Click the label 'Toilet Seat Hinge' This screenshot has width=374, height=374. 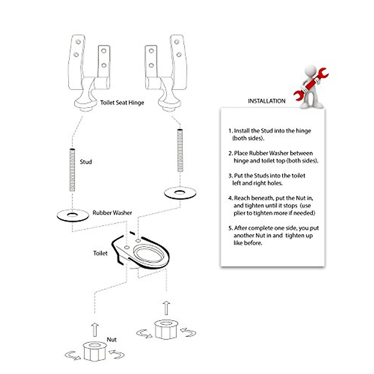pos(122,103)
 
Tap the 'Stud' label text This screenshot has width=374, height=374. pos(86,162)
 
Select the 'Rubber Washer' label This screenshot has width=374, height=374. pos(112,213)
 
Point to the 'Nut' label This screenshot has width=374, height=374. pos(111,339)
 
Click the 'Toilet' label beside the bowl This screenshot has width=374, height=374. pos(100,253)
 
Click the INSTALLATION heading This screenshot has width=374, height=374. pos(266,101)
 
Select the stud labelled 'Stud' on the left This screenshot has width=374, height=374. pos(72,170)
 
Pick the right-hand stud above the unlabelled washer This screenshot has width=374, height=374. pos(180,150)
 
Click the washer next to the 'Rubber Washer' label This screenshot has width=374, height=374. pos(72,216)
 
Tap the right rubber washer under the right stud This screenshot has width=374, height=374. pos(180,192)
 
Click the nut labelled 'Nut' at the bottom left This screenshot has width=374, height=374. pos(95,351)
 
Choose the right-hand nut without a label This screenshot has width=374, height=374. pos(166,329)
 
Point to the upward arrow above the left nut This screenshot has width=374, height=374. pos(95,330)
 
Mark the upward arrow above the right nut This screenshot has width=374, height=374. pos(167,308)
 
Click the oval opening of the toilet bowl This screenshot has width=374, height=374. pos(149,255)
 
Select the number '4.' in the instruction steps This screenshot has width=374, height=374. pos(231,198)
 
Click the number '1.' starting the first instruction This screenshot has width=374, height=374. pos(231,131)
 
